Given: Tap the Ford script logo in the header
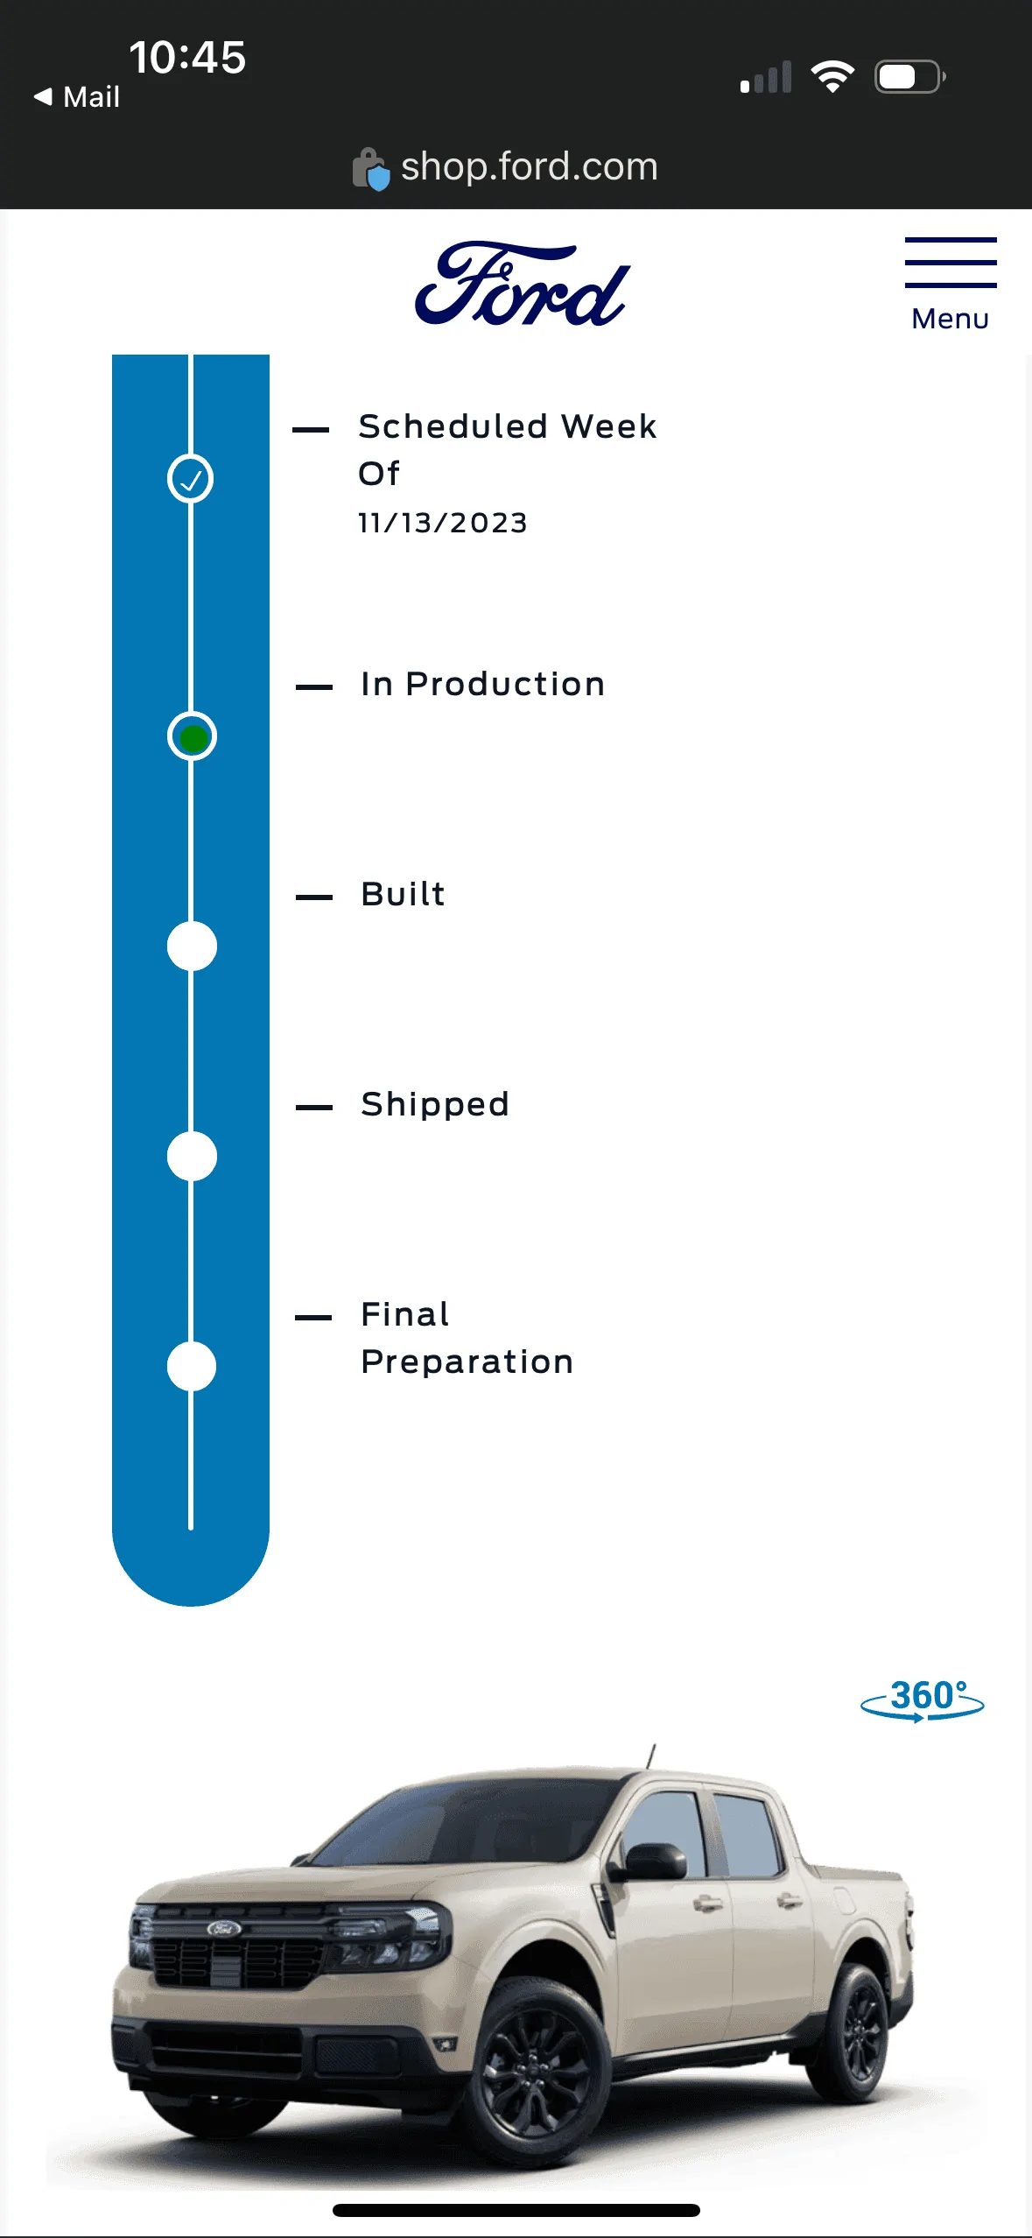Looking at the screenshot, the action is point(523,284).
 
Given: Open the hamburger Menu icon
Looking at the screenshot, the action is point(951,262).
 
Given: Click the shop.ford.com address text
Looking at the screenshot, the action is point(529,166).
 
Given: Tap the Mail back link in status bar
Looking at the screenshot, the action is point(77,96).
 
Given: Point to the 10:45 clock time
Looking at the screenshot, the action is point(187,58).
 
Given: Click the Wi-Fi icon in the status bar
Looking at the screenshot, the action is point(832,77).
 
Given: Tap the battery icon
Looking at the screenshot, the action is point(910,77).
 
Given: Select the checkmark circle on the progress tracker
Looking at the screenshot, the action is point(191,479).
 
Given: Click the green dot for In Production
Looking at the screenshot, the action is point(193,738).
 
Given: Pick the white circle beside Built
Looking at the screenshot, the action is point(192,947).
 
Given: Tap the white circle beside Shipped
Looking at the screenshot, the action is point(192,1157).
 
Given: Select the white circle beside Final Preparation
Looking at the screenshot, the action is point(192,1367).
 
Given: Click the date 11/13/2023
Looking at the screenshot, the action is point(443,523).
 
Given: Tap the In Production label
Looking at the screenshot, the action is point(483,684).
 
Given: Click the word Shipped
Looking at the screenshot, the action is point(435,1105).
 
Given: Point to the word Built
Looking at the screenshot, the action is point(404,894).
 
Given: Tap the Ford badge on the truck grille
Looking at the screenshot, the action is point(224,1928).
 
